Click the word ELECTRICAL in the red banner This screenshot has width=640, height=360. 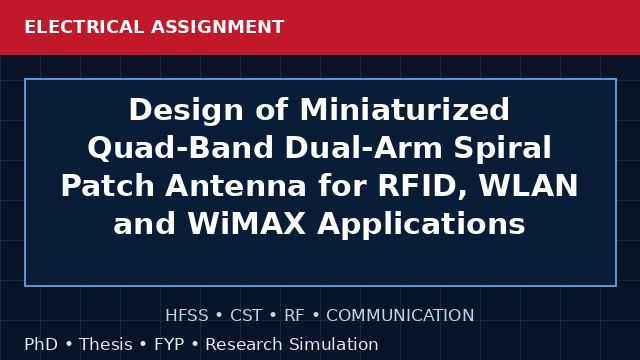coord(84,27)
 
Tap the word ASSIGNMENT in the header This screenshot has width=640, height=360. coord(217,27)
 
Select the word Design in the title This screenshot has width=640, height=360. coord(186,110)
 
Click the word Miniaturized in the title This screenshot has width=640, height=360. coord(404,109)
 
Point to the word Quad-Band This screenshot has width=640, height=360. coord(180,148)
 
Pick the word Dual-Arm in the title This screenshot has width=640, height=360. coord(364,147)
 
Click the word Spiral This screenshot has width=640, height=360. coord(502,149)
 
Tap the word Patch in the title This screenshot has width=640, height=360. coord(108,186)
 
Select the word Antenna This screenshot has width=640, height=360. coord(236,186)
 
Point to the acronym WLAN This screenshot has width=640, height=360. coord(529,186)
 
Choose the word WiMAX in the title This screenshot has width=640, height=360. coord(247,224)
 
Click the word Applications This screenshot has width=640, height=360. coord(421,224)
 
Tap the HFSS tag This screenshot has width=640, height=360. coord(187,316)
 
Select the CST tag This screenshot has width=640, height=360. coord(246,316)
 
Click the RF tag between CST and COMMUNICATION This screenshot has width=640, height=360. coord(294,316)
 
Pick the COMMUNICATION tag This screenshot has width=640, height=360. coord(400,316)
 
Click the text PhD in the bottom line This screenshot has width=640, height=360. coord(41,344)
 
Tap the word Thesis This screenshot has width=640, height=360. coord(106,344)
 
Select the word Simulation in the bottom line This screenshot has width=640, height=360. coord(334,344)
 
